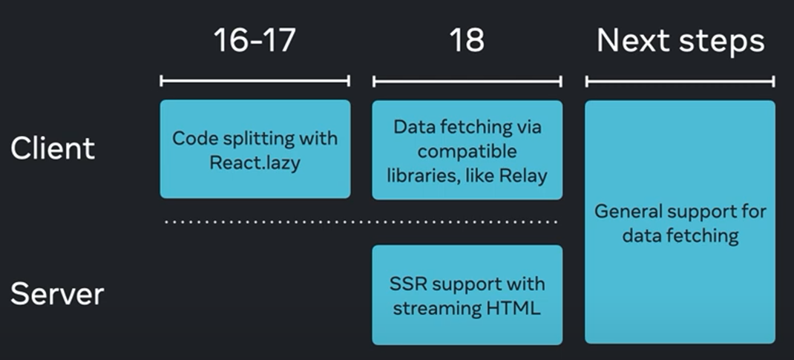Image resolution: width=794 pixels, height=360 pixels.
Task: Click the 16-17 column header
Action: [254, 41]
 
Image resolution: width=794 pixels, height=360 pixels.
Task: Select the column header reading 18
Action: [467, 41]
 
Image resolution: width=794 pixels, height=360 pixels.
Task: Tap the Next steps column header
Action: [680, 41]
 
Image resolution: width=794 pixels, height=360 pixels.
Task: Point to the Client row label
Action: [53, 148]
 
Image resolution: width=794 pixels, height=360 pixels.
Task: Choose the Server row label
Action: [57, 295]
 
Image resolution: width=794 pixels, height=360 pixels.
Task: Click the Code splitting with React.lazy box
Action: [255, 149]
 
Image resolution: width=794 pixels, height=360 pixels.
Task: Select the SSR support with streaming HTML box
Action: [467, 295]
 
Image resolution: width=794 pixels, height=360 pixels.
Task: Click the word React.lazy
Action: [255, 163]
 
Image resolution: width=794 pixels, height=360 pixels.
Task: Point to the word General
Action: [629, 212]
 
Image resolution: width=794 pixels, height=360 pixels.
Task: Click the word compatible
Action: [467, 151]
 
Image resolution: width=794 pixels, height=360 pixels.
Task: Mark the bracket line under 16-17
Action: [255, 81]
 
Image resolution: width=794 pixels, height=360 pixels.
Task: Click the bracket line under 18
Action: [467, 81]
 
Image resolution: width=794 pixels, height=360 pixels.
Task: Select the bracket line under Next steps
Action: [680, 81]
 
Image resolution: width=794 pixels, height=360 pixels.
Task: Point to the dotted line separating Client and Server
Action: [361, 221]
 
